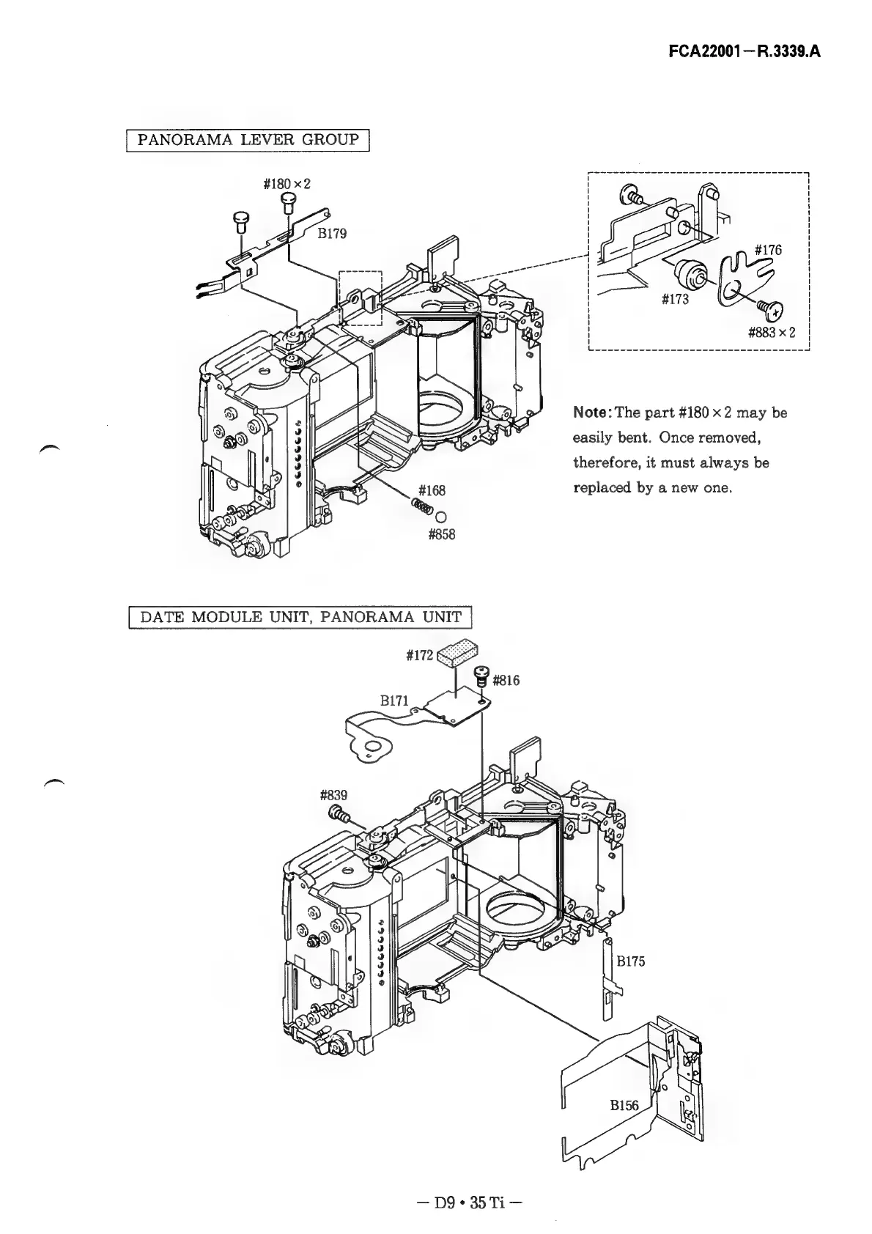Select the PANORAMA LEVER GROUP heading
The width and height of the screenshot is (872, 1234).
pos(248,139)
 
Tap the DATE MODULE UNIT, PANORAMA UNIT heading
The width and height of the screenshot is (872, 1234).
pos(300,617)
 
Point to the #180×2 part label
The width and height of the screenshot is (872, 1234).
pos(287,183)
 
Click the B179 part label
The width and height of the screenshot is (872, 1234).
pos(332,234)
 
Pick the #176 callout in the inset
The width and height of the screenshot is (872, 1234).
pos(768,251)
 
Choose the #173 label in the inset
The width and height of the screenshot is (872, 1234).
pos(674,299)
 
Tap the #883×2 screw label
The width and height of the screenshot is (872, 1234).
pos(772,332)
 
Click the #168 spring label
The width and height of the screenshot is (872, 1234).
pos(432,490)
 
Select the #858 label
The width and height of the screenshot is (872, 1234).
pos(441,535)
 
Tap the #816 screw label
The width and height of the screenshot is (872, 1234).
pos(506,681)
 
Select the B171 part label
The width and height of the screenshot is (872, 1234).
pos(394,701)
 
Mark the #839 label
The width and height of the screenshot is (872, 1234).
pos(334,795)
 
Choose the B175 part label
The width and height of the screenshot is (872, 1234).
pos(630,961)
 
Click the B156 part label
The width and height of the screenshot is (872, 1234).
pos(624,1105)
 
